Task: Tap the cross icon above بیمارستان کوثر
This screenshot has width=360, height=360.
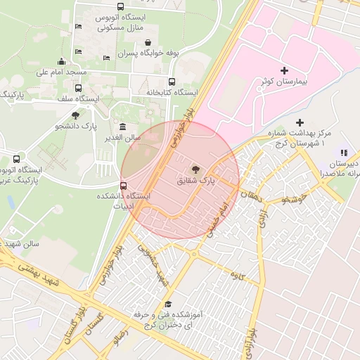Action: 284,70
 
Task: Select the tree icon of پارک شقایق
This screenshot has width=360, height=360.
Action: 195,169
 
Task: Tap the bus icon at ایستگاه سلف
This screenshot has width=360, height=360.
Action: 77,89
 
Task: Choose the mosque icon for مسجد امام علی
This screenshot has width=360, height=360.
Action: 62,61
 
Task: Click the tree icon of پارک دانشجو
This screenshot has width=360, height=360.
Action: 75,115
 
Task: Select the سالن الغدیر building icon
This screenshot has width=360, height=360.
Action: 123,127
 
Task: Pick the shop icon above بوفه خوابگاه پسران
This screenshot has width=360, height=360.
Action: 148,42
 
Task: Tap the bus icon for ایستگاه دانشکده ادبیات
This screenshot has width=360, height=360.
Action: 124,186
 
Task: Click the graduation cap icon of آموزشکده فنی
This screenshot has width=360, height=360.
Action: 168,304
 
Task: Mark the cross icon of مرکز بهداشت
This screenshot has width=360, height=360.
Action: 300,122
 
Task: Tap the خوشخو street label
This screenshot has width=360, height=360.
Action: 291,200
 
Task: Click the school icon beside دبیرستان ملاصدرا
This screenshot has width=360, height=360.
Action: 343,153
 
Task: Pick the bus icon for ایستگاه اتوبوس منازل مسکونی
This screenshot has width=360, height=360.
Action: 77,26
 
